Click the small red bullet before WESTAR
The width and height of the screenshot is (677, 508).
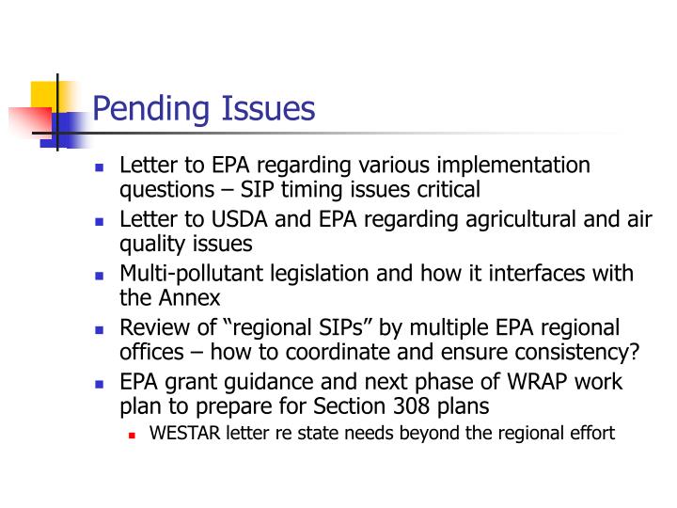pyautogui.click(x=133, y=435)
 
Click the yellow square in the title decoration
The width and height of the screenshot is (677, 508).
pyautogui.click(x=46, y=95)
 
